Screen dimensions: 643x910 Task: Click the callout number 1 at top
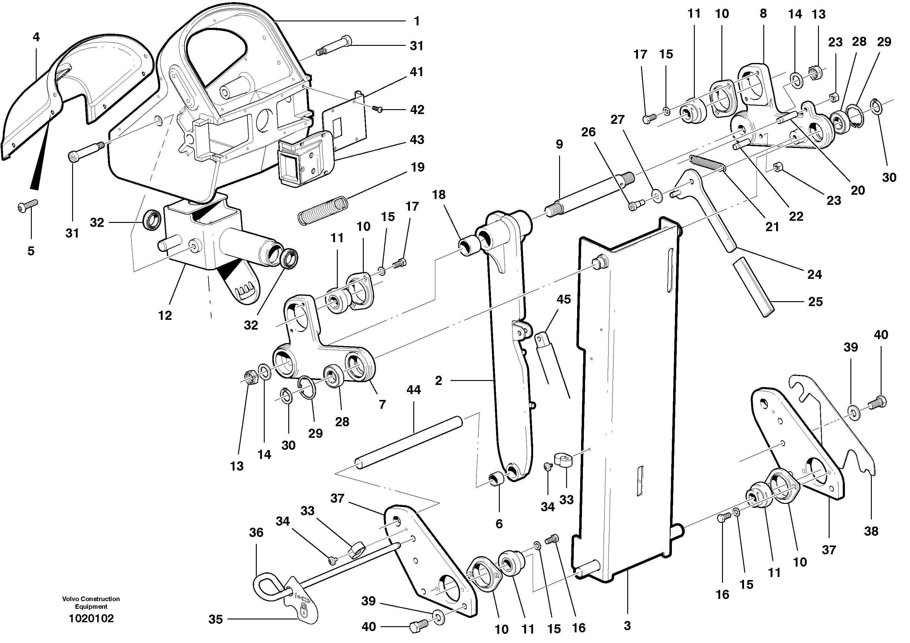[x=417, y=21]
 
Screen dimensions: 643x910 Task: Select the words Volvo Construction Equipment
[x=91, y=603]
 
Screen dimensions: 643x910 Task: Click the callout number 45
[x=564, y=299]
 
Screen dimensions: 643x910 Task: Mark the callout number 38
[x=871, y=531]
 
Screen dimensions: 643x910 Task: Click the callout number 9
[x=559, y=144]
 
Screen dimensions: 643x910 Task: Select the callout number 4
[x=36, y=37]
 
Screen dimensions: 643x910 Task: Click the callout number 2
[x=438, y=381]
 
